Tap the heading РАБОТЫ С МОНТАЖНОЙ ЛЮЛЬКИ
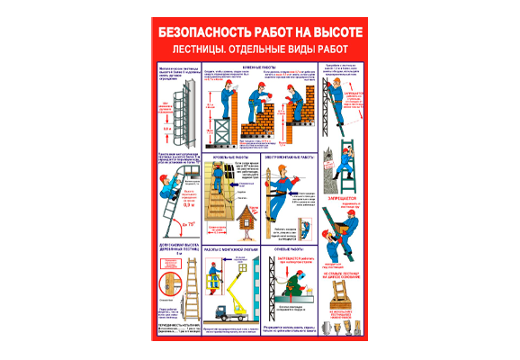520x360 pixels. (233, 246)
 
